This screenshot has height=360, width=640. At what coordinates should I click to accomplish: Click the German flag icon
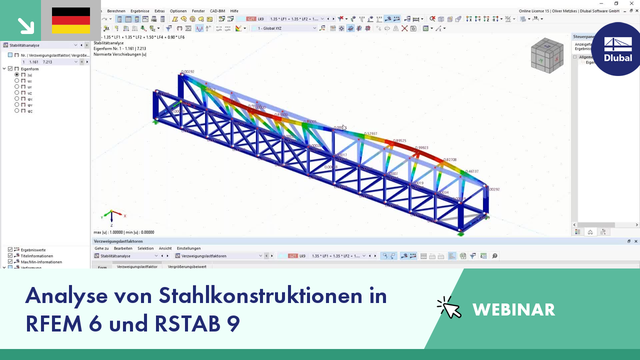pos(70,20)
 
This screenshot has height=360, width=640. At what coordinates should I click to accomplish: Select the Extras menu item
pos(159,11)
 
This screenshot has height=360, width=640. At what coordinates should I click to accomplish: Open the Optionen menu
pos(178,11)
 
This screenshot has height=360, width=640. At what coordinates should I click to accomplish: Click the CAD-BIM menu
pos(217,11)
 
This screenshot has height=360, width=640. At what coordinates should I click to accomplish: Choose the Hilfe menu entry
pos(234,11)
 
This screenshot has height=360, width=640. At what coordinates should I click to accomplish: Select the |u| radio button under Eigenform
pos(17,74)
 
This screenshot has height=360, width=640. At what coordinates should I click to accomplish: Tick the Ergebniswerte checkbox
pos(10,250)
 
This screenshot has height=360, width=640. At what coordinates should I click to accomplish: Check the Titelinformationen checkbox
pos(10,256)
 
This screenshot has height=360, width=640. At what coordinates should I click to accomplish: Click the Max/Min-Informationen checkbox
pos(10,262)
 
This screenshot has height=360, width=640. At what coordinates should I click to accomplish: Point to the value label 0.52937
pos(371,134)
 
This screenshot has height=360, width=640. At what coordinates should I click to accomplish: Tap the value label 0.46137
pos(472,171)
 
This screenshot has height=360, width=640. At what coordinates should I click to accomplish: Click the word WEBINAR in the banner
pos(513,310)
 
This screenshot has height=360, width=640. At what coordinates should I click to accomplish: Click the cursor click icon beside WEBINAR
pos(449,307)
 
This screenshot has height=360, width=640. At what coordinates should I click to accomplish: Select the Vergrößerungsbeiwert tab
pos(187,267)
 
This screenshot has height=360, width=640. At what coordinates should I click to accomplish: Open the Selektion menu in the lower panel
pos(145,248)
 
